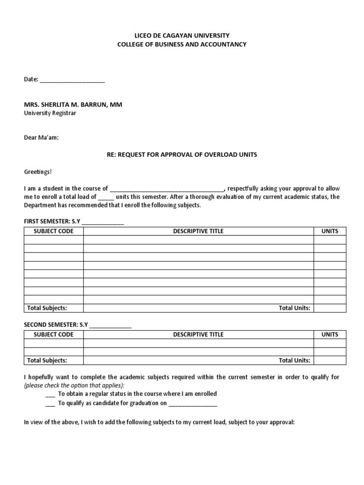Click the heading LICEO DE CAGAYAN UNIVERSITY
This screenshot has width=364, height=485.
(x=182, y=36)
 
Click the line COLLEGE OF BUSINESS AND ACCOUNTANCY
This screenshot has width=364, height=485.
(x=182, y=45)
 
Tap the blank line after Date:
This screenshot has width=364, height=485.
(x=72, y=80)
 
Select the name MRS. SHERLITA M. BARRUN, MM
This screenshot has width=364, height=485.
(x=73, y=105)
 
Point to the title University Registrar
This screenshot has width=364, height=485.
(x=50, y=113)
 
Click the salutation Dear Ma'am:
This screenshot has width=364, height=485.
(x=42, y=138)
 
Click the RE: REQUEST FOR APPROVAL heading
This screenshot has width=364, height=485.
(x=182, y=155)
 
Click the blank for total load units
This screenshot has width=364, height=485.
(x=106, y=198)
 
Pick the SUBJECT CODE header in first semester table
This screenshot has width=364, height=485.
(x=54, y=231)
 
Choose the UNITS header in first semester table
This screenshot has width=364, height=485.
(x=330, y=231)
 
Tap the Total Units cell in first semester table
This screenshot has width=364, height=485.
(x=330, y=308)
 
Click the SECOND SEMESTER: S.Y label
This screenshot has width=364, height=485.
(x=56, y=326)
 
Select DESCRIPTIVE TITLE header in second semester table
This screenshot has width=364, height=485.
(x=198, y=334)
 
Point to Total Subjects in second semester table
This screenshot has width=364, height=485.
(x=47, y=360)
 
